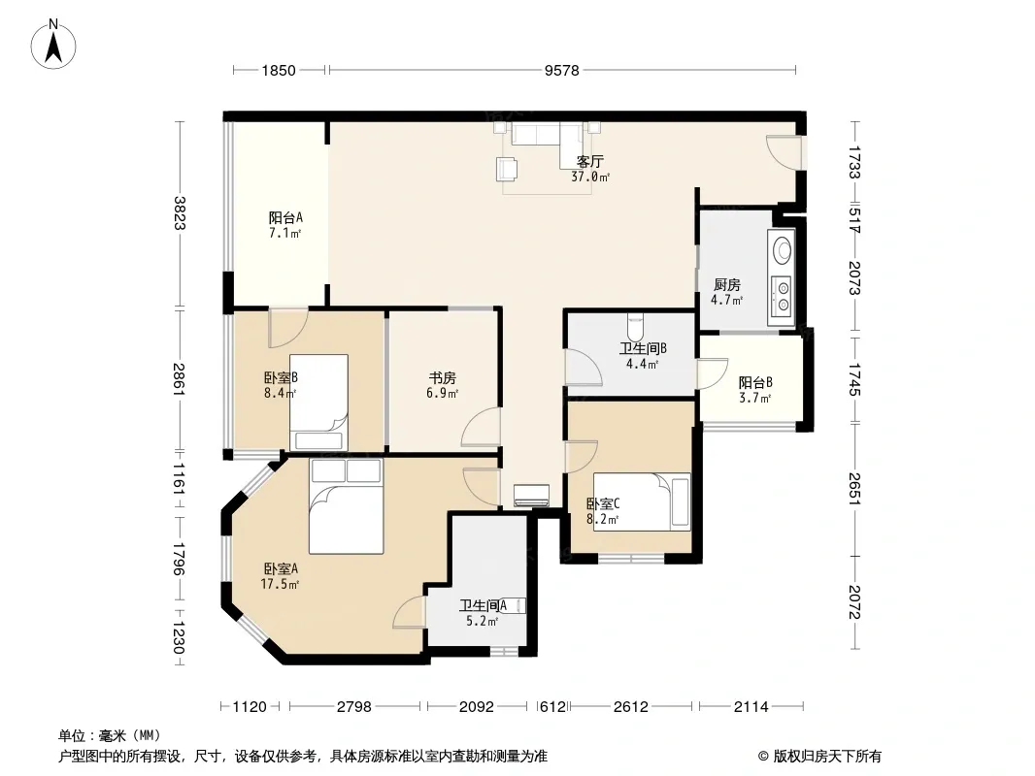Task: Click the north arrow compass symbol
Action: point(53,45)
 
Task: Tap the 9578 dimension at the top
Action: point(562,70)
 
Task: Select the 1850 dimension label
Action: point(279,70)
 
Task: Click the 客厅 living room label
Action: point(590,162)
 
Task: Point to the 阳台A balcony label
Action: point(285,217)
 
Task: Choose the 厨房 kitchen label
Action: point(727,285)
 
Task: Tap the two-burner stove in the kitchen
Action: point(783,296)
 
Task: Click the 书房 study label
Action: point(442,378)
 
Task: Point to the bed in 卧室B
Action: point(318,403)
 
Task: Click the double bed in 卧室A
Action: point(346,506)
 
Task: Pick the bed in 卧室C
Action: point(642,501)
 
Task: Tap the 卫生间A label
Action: point(484,605)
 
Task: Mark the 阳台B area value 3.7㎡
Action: point(755,398)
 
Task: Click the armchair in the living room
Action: point(507,169)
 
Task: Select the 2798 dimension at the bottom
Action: point(354,707)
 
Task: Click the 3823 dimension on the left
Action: point(179,213)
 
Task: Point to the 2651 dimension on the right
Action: point(854,489)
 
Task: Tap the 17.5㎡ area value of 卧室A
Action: point(280,584)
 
